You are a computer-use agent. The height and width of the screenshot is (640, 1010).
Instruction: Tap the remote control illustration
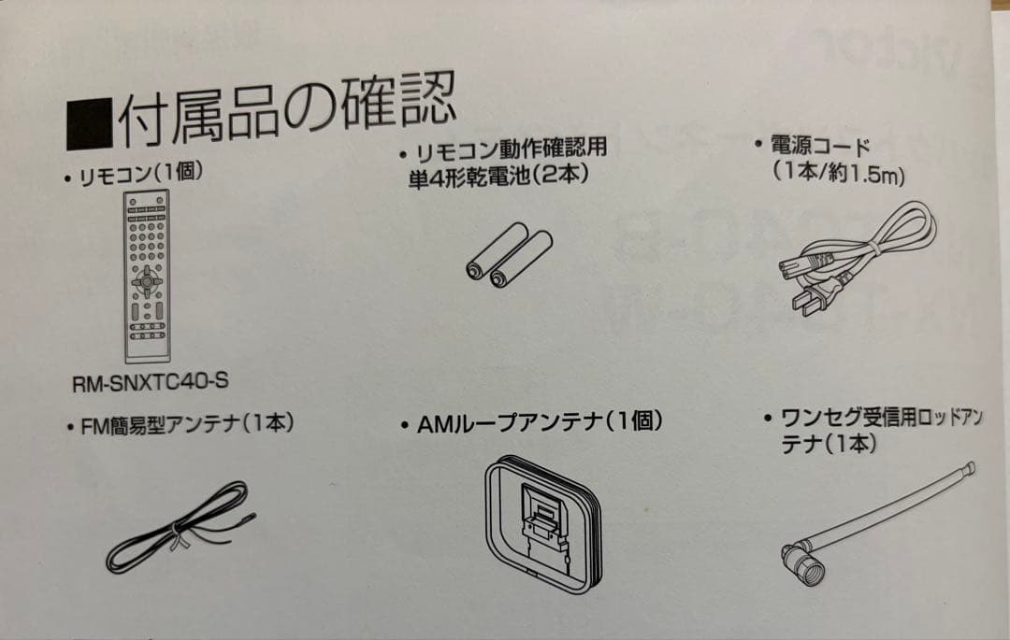[x=148, y=277]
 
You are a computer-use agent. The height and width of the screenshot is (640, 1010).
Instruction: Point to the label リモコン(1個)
[x=137, y=174]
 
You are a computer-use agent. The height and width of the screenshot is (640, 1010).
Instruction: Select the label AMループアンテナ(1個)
[x=530, y=422]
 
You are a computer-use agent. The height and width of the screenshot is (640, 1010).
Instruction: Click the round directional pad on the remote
[x=146, y=279]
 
